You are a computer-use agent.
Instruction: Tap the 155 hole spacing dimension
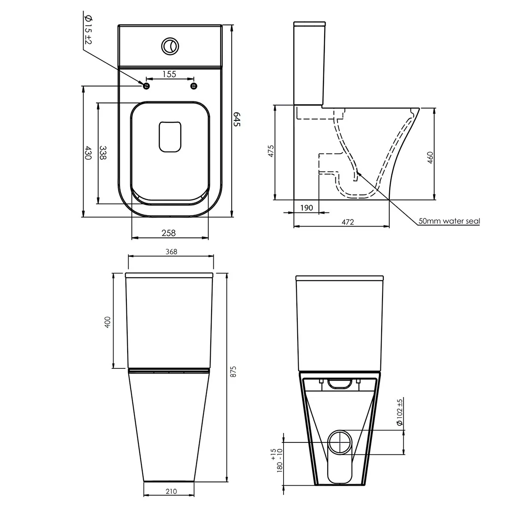pyautogui.click(x=169, y=74)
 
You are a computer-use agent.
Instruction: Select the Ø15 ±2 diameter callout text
pyautogui.click(x=89, y=30)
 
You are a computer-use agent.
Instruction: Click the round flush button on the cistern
pyautogui.click(x=170, y=46)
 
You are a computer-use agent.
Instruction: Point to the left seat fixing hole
pyautogui.click(x=146, y=86)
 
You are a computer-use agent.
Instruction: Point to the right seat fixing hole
pyautogui.click(x=194, y=86)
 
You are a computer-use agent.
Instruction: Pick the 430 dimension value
pyautogui.click(x=88, y=153)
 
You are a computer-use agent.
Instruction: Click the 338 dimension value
pyautogui.click(x=103, y=153)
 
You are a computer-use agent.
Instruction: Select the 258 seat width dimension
pyautogui.click(x=169, y=233)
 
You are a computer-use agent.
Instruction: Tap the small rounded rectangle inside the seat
pyautogui.click(x=170, y=137)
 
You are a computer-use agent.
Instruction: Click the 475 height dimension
pyautogui.click(x=271, y=151)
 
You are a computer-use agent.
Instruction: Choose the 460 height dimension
pyautogui.click(x=430, y=158)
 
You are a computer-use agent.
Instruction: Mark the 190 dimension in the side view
pyautogui.click(x=307, y=208)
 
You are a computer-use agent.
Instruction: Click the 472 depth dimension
pyautogui.click(x=348, y=222)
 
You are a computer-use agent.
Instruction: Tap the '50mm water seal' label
pyautogui.click(x=449, y=221)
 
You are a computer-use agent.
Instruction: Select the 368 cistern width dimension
pyautogui.click(x=171, y=251)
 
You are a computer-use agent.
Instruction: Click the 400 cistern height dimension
pyautogui.click(x=107, y=322)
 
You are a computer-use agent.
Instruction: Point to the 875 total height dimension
pyautogui.click(x=233, y=371)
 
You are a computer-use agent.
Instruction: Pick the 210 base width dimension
pyautogui.click(x=171, y=491)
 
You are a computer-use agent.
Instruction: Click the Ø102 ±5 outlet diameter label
pyautogui.click(x=399, y=412)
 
